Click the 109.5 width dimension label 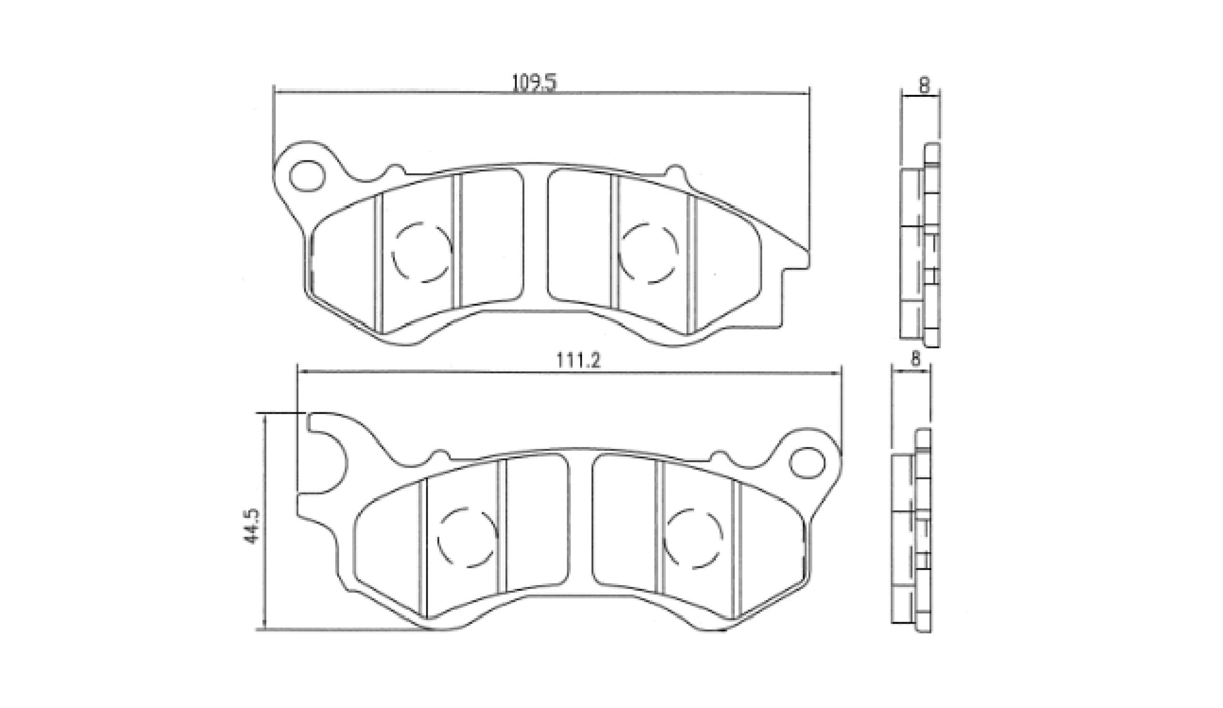pos(534,83)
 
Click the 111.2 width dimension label pos(578,360)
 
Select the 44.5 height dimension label pos(250,527)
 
